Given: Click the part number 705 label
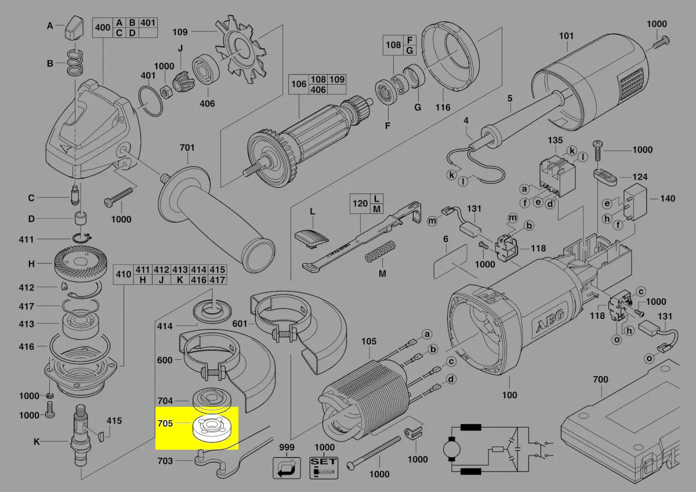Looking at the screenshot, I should coord(165,424).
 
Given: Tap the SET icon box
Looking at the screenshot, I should coord(324,467).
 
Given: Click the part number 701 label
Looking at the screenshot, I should coord(187,148).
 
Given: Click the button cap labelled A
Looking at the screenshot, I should coord(73,25).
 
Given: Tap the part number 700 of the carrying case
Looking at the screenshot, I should coord(600,380).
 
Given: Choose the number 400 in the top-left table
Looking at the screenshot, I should coord(103,27).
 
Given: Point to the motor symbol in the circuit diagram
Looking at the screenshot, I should coord(450,449).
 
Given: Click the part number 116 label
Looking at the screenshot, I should coord(443,108).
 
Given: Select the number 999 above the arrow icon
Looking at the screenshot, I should coord(287,447).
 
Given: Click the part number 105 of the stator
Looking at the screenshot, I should coord(369,341).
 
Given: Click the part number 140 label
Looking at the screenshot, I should coord(667,199).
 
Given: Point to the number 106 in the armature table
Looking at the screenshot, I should coord(299,84).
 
